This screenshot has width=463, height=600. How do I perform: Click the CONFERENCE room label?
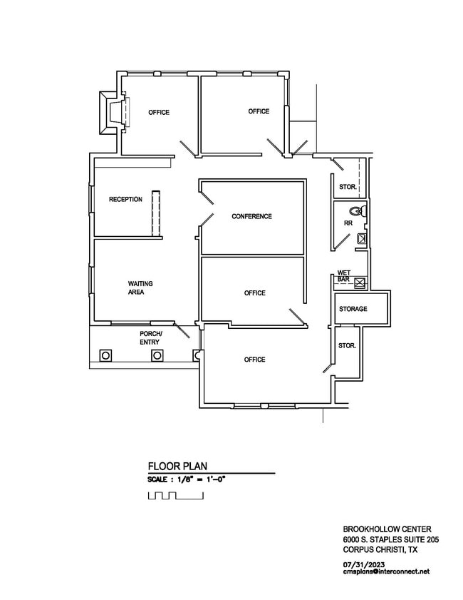(251, 216)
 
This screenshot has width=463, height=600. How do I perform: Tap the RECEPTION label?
(125, 199)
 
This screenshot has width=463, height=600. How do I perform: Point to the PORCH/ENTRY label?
(150, 338)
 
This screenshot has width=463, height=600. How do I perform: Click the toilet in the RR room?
(359, 211)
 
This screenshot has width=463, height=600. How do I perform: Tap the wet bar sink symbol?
(360, 283)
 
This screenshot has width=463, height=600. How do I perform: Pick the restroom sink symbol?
(361, 239)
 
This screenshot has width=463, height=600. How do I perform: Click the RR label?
(348, 223)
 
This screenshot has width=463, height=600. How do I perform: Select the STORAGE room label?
(353, 309)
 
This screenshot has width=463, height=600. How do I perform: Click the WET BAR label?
(344, 276)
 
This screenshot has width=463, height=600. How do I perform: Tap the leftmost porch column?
(106, 355)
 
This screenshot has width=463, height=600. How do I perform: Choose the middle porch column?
(157, 355)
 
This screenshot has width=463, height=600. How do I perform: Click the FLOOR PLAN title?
(177, 466)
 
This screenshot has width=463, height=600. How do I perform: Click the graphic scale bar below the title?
(176, 496)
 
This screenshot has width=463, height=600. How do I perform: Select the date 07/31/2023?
(364, 564)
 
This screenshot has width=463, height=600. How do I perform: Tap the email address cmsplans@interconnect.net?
(386, 571)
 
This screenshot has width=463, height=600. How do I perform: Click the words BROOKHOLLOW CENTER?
(387, 529)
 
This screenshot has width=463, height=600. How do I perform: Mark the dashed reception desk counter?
(155, 214)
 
